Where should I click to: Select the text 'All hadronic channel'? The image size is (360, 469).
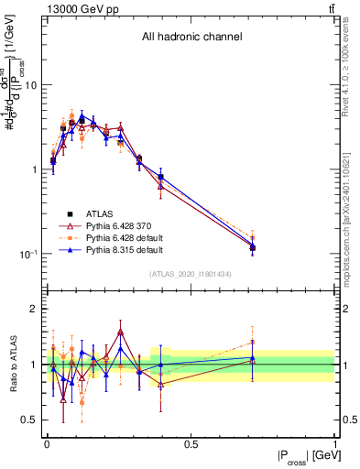pyautogui.click(x=191, y=37)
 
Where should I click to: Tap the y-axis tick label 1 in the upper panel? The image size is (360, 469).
pyautogui.click(x=34, y=169)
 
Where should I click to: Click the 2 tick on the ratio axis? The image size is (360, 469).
pyautogui.click(x=34, y=309)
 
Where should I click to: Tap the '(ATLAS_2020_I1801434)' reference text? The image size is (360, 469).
pyautogui.click(x=191, y=274)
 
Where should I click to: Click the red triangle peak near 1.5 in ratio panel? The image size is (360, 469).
pyautogui.click(x=120, y=333)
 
